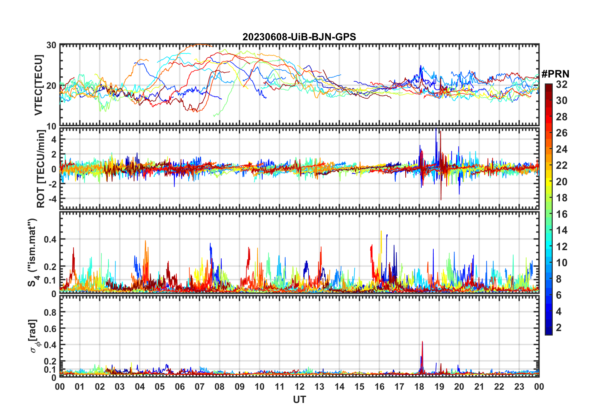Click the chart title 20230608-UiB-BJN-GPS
(299, 37)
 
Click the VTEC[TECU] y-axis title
(38, 85)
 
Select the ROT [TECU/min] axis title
(41, 169)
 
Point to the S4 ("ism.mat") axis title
(32, 252)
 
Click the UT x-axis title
(299, 400)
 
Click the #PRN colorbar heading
(555, 74)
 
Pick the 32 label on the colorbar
(562, 84)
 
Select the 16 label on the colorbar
(562, 214)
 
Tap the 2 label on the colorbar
(559, 328)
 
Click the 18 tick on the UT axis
(419, 387)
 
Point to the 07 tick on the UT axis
(200, 387)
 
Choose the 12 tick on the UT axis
(299, 387)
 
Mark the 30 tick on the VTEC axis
(51, 45)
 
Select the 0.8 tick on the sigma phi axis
(50, 312)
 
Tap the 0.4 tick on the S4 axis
(50, 239)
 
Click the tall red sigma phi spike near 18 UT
(422, 342)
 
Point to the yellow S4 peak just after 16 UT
(381, 232)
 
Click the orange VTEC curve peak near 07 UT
(199, 44)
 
